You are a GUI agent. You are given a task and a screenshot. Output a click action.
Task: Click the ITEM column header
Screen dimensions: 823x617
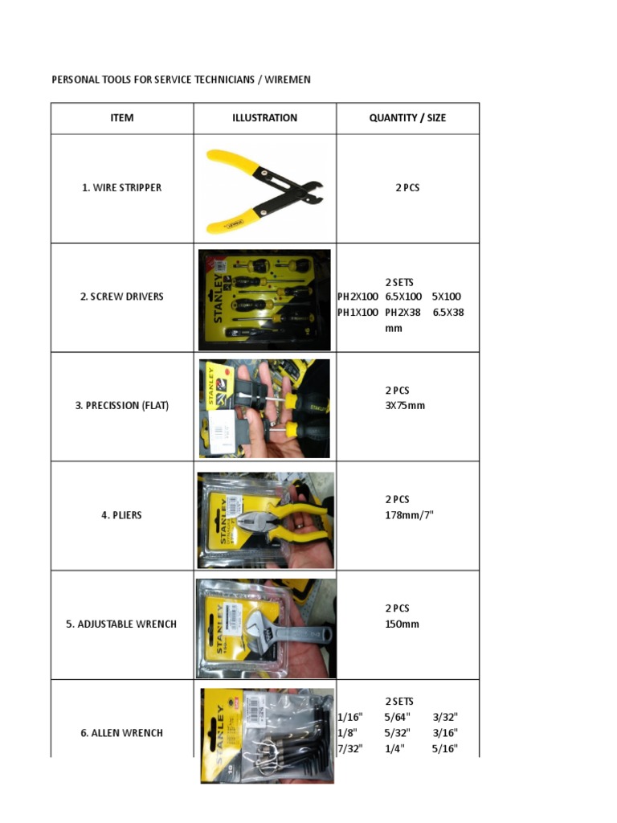pos(122,118)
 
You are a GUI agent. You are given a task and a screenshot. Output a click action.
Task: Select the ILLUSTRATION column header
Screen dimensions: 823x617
pos(264,118)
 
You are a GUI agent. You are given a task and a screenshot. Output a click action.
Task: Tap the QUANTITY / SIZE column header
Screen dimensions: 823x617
pos(407,118)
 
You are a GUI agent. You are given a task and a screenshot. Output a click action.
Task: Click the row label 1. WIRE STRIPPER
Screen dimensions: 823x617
pos(122,187)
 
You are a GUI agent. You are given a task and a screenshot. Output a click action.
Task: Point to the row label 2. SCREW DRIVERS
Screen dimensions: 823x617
pos(122,297)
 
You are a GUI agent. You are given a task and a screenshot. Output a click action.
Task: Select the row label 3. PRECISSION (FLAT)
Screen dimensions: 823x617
pos(122,406)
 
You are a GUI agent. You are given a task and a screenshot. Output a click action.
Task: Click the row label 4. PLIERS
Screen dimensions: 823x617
pos(122,515)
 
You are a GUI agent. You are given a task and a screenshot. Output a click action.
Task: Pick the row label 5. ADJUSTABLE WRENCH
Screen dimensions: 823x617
pos(122,624)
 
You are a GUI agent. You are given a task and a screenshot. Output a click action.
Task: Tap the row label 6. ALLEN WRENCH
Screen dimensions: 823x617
pos(122,733)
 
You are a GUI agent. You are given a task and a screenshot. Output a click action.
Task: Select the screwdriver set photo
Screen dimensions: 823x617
pos(264,300)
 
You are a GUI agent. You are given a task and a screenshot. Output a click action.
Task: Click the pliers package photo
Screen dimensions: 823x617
pos(265,520)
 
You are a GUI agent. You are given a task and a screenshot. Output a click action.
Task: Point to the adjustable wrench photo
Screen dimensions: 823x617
pos(266,629)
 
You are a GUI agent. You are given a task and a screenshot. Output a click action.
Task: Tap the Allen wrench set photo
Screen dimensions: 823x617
pos(267,735)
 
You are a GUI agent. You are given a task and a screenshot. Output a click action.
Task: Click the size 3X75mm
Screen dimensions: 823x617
pos(405,406)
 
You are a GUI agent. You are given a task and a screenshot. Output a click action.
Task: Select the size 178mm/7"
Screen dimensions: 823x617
pos(410,515)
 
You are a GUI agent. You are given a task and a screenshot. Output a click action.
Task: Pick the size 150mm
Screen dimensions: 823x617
pos(402,624)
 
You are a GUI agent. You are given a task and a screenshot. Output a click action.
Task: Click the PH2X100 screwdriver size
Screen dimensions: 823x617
pos(358,297)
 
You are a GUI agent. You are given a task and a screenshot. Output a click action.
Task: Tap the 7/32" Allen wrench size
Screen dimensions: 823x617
pos(350,748)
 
